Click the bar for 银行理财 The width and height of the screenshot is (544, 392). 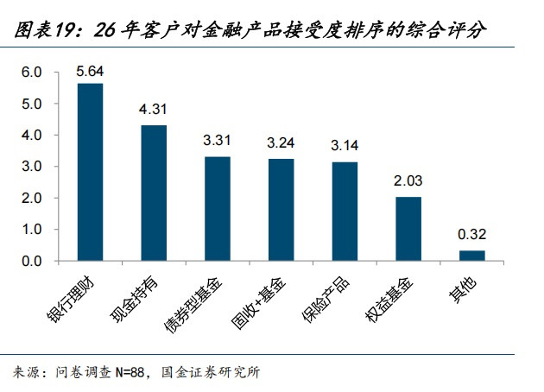pyautogui.click(x=90, y=172)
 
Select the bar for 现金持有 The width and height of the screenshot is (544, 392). pyautogui.click(x=154, y=193)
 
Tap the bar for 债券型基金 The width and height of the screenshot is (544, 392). pyautogui.click(x=218, y=208)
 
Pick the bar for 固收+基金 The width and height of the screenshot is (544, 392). pyautogui.click(x=281, y=210)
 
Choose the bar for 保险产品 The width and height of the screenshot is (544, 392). pyautogui.click(x=345, y=211)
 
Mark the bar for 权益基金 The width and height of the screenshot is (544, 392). pyautogui.click(x=408, y=229)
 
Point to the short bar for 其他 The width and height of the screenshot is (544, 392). pyautogui.click(x=472, y=256)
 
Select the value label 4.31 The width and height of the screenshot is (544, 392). pyautogui.click(x=154, y=111)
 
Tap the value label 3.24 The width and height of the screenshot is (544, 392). pyautogui.click(x=281, y=143)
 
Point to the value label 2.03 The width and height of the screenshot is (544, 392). pyautogui.click(x=408, y=181)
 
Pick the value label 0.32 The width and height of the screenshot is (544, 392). pyautogui.click(x=472, y=235)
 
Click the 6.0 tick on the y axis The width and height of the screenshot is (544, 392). pyautogui.click(x=32, y=73)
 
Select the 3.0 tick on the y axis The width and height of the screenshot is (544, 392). pyautogui.click(x=32, y=167)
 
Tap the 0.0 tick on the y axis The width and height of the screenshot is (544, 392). pyautogui.click(x=32, y=261)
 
